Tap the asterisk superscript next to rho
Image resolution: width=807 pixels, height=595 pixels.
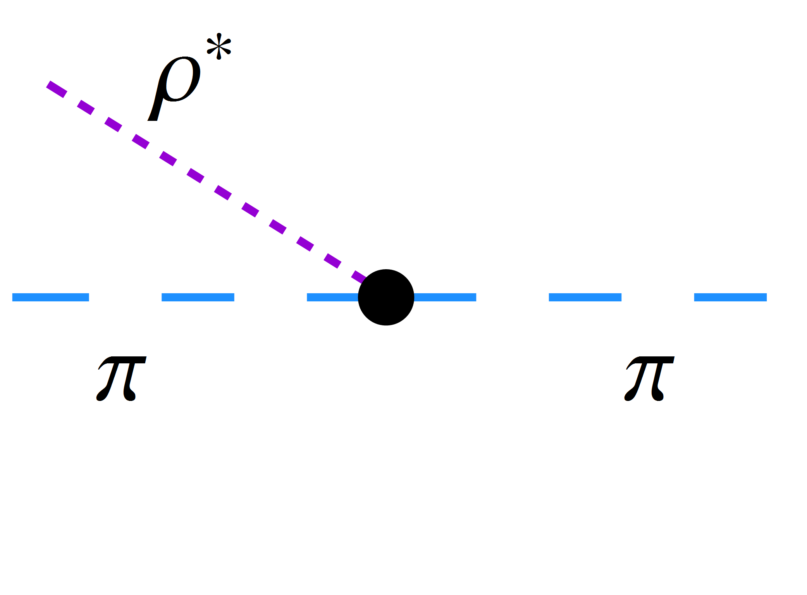pos(219,46)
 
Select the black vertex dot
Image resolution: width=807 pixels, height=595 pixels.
pos(386,297)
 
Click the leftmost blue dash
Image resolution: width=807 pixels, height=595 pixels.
pos(51,297)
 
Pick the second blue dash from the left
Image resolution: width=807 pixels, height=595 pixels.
pos(198,297)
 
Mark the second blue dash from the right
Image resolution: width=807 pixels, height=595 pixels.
pos(585,297)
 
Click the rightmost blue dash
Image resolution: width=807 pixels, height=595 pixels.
pos(730,297)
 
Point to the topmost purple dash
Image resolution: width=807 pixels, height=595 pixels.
pos(57,89)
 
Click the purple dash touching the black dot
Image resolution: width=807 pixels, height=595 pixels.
pos(359,277)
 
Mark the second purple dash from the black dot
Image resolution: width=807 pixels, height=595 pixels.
pos(332,261)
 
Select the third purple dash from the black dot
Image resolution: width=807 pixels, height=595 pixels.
pos(305,244)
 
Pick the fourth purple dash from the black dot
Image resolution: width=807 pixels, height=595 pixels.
pos(277,227)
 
